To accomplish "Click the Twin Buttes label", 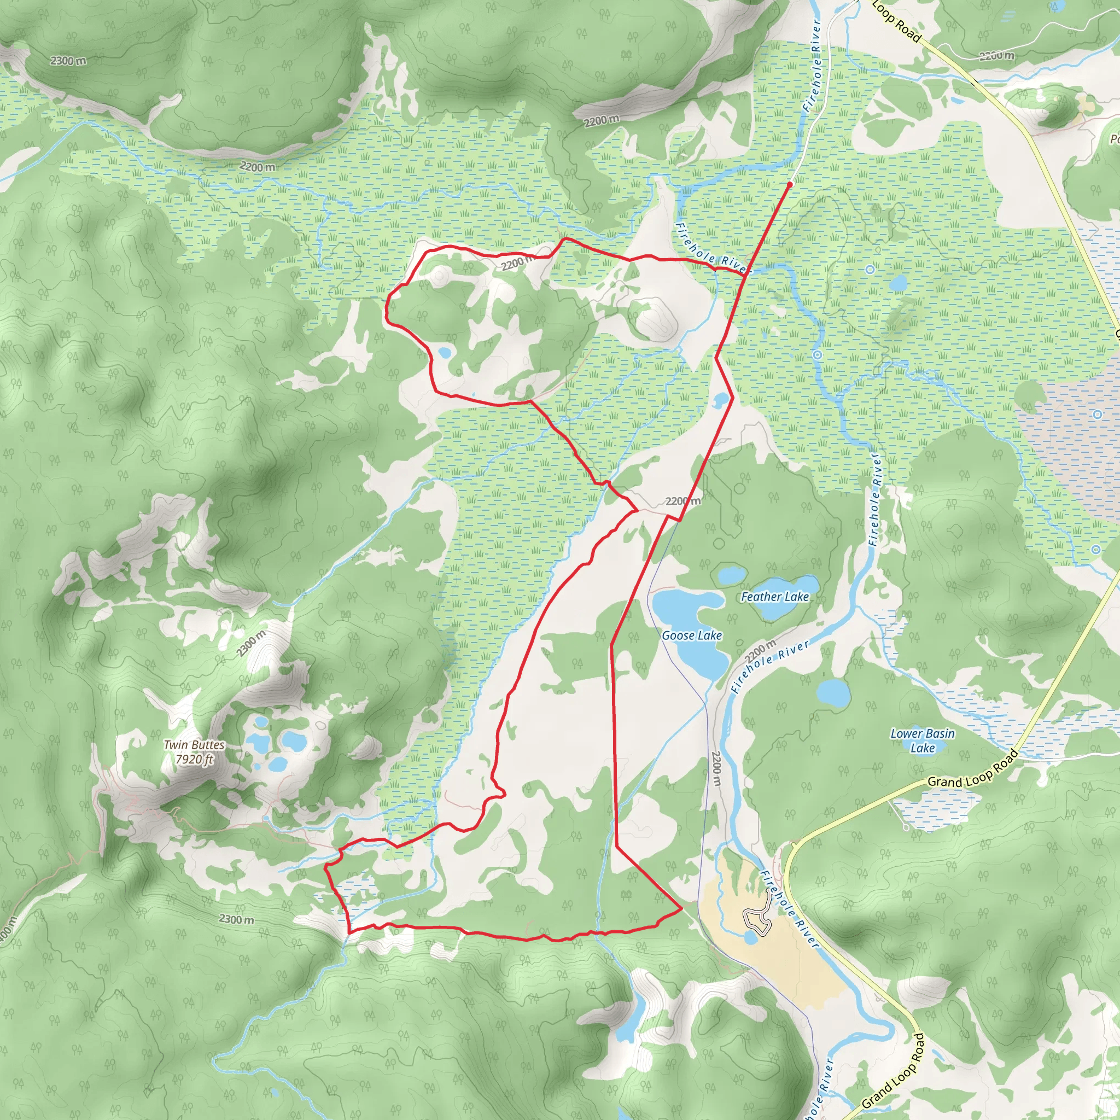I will [x=194, y=745].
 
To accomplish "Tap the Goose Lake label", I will [x=692, y=636].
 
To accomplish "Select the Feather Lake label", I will [x=774, y=597].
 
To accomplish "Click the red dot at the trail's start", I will [x=790, y=184].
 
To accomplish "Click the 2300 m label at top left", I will [x=68, y=60].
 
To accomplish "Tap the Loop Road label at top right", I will [x=896, y=21].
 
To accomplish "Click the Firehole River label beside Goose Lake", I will [x=770, y=667].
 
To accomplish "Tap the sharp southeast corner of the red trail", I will [x=681, y=911].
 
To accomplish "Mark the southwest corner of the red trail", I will [x=349, y=931].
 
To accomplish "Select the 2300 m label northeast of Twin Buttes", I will [x=251, y=644].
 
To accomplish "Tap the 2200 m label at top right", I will [x=996, y=56].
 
